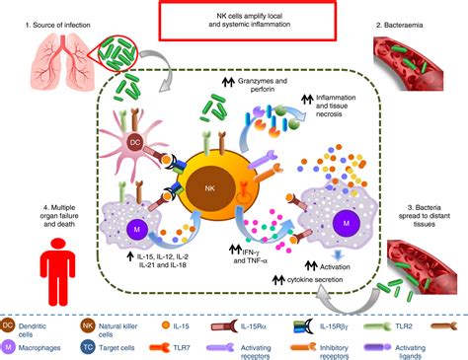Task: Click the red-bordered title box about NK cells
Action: [x=234, y=22]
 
